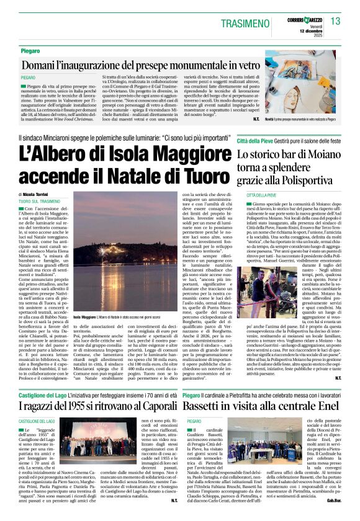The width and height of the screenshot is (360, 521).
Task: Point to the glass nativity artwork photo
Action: click(x=303, y=91)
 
